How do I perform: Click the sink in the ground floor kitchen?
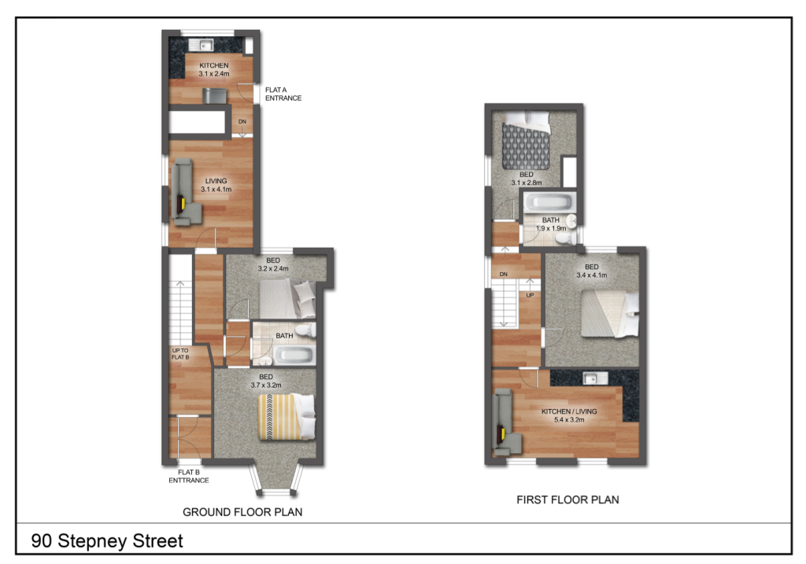(206, 44)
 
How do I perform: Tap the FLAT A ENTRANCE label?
(283, 94)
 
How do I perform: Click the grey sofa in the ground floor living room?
(185, 194)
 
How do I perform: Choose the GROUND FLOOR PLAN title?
(242, 512)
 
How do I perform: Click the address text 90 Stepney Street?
(107, 541)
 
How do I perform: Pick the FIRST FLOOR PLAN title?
(568, 499)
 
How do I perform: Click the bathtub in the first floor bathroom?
(550, 203)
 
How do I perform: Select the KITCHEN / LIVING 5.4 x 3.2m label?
(569, 416)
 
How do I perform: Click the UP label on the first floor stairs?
(530, 296)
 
